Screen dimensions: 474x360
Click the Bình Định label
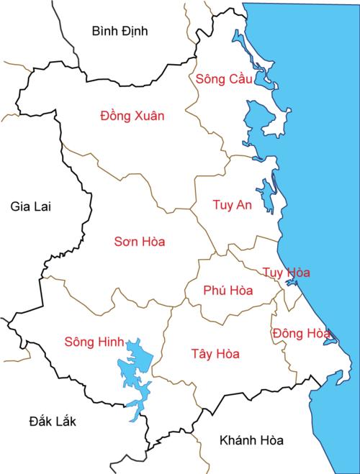point(120,30)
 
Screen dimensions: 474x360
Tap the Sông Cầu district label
point(224,78)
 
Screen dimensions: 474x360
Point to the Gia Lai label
point(32,206)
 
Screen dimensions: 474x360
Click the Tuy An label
point(233,205)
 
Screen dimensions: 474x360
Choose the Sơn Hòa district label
point(140,242)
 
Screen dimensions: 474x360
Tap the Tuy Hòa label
point(286,273)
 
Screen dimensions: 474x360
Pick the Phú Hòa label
point(228,291)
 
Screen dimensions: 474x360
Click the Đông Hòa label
point(301,333)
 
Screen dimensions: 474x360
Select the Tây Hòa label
point(216,354)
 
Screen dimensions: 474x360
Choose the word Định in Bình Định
point(134,30)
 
